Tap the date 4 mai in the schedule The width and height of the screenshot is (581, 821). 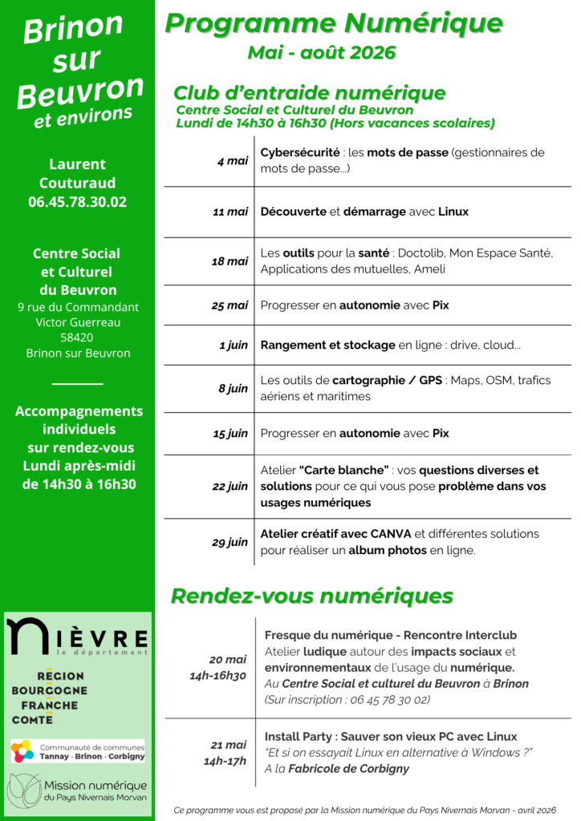(233, 161)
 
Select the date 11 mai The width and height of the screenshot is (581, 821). (230, 212)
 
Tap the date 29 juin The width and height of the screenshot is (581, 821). (230, 543)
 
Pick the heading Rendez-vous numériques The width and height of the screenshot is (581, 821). (311, 596)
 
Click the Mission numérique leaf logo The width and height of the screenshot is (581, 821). (23, 791)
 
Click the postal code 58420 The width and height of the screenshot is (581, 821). (77, 338)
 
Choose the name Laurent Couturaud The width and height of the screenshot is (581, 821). (77, 174)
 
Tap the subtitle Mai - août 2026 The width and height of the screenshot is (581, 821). (322, 53)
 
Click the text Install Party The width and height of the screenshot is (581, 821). (299, 737)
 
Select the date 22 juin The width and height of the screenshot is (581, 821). (230, 487)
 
